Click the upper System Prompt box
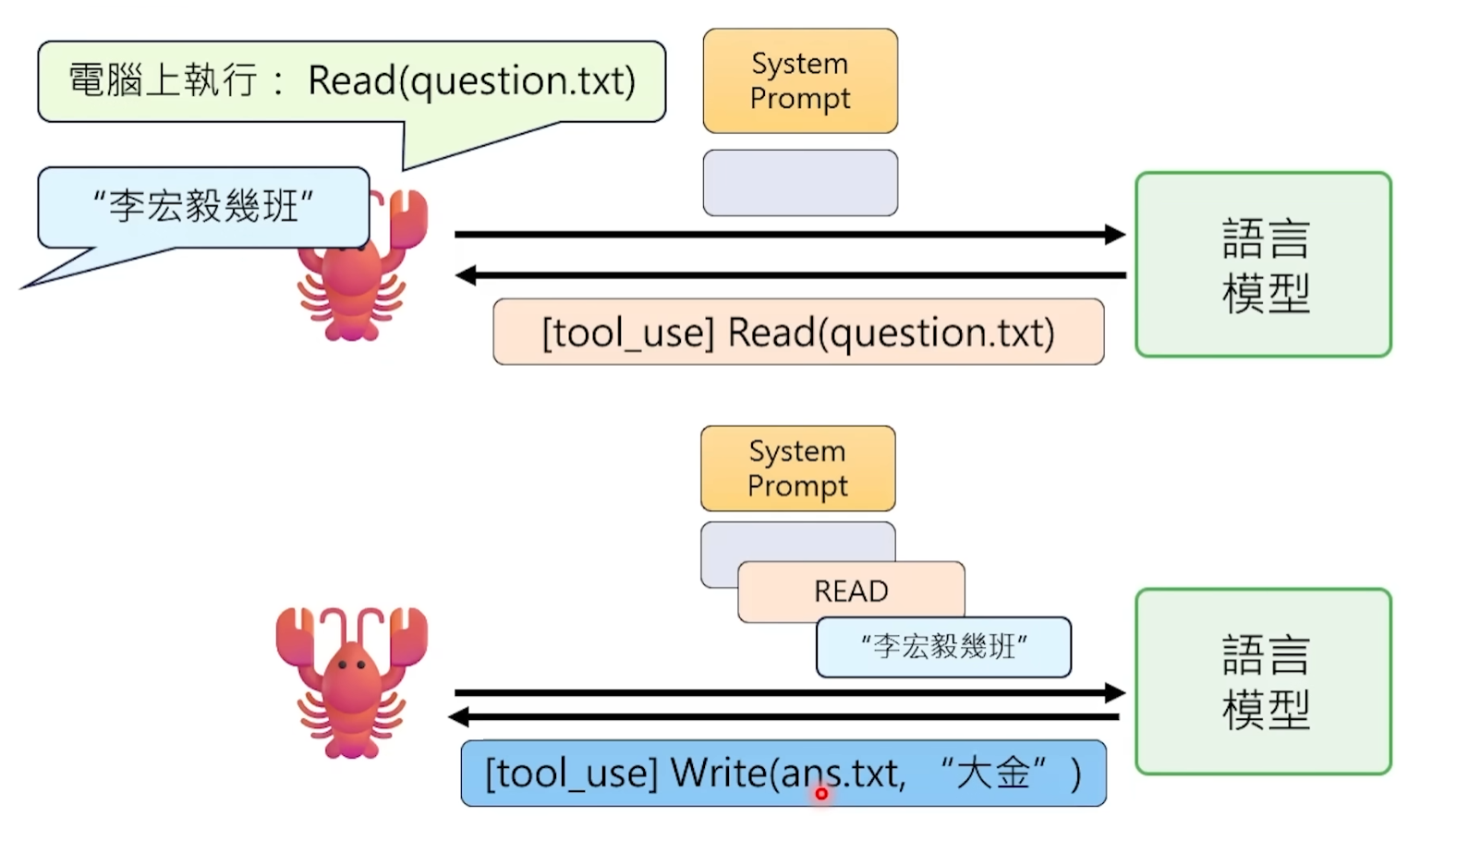point(800,81)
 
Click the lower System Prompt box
point(797,469)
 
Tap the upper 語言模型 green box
point(1263,264)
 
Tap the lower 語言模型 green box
point(1263,681)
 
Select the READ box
point(851,591)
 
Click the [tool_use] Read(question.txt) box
point(798,332)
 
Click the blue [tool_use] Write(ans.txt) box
point(783,773)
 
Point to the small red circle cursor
point(820,793)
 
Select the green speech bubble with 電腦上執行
point(351,81)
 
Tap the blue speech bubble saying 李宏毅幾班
point(203,206)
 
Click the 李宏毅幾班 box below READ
point(943,646)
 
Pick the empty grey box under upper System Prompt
point(800,183)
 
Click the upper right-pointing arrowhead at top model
point(1115,234)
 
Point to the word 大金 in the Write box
point(993,773)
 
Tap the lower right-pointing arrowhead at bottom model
point(1115,692)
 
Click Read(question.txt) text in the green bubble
point(471,81)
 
